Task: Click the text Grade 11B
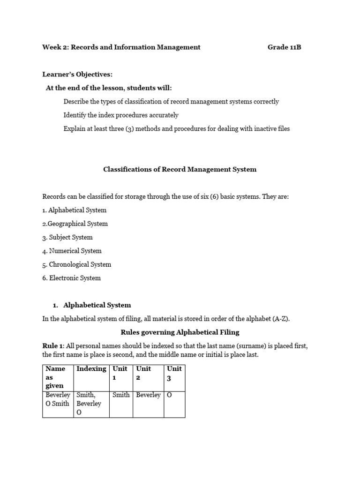(284, 47)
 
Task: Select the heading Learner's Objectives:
(77, 75)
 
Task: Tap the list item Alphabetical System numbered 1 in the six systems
(75, 210)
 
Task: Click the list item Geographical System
(75, 224)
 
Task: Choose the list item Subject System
(67, 237)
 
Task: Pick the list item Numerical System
(72, 251)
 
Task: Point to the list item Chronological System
(77, 264)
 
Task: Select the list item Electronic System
(71, 278)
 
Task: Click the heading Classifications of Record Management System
(180, 169)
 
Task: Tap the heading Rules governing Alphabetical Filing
(180, 332)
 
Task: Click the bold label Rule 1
(53, 346)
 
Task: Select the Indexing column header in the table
(91, 368)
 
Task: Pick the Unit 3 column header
(174, 373)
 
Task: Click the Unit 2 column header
(143, 373)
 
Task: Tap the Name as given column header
(55, 377)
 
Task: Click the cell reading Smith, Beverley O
(89, 403)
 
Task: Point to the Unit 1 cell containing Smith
(121, 395)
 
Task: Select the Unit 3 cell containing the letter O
(170, 395)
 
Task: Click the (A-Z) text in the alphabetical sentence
(281, 319)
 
